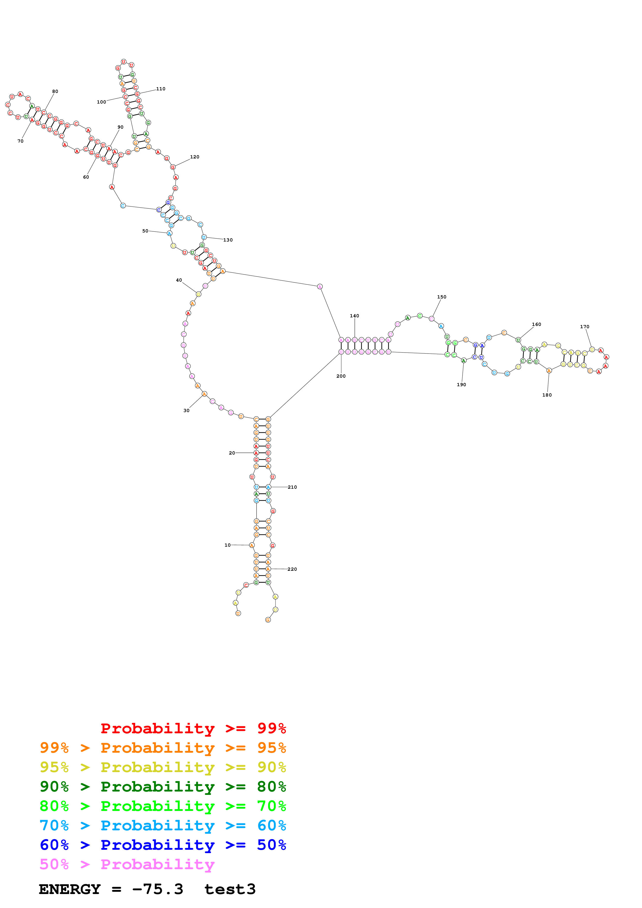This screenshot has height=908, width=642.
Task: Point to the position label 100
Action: (101, 102)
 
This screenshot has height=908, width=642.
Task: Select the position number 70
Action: (20, 141)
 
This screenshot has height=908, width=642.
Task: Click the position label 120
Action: (194, 157)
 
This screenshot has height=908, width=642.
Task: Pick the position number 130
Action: (228, 240)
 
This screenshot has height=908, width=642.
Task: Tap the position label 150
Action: (442, 297)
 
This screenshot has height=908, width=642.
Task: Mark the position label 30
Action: (186, 411)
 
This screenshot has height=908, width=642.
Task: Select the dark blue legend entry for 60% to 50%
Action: (163, 845)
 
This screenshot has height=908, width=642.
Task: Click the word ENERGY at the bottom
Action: (70, 889)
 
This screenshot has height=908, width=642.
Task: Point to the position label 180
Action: (547, 395)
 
